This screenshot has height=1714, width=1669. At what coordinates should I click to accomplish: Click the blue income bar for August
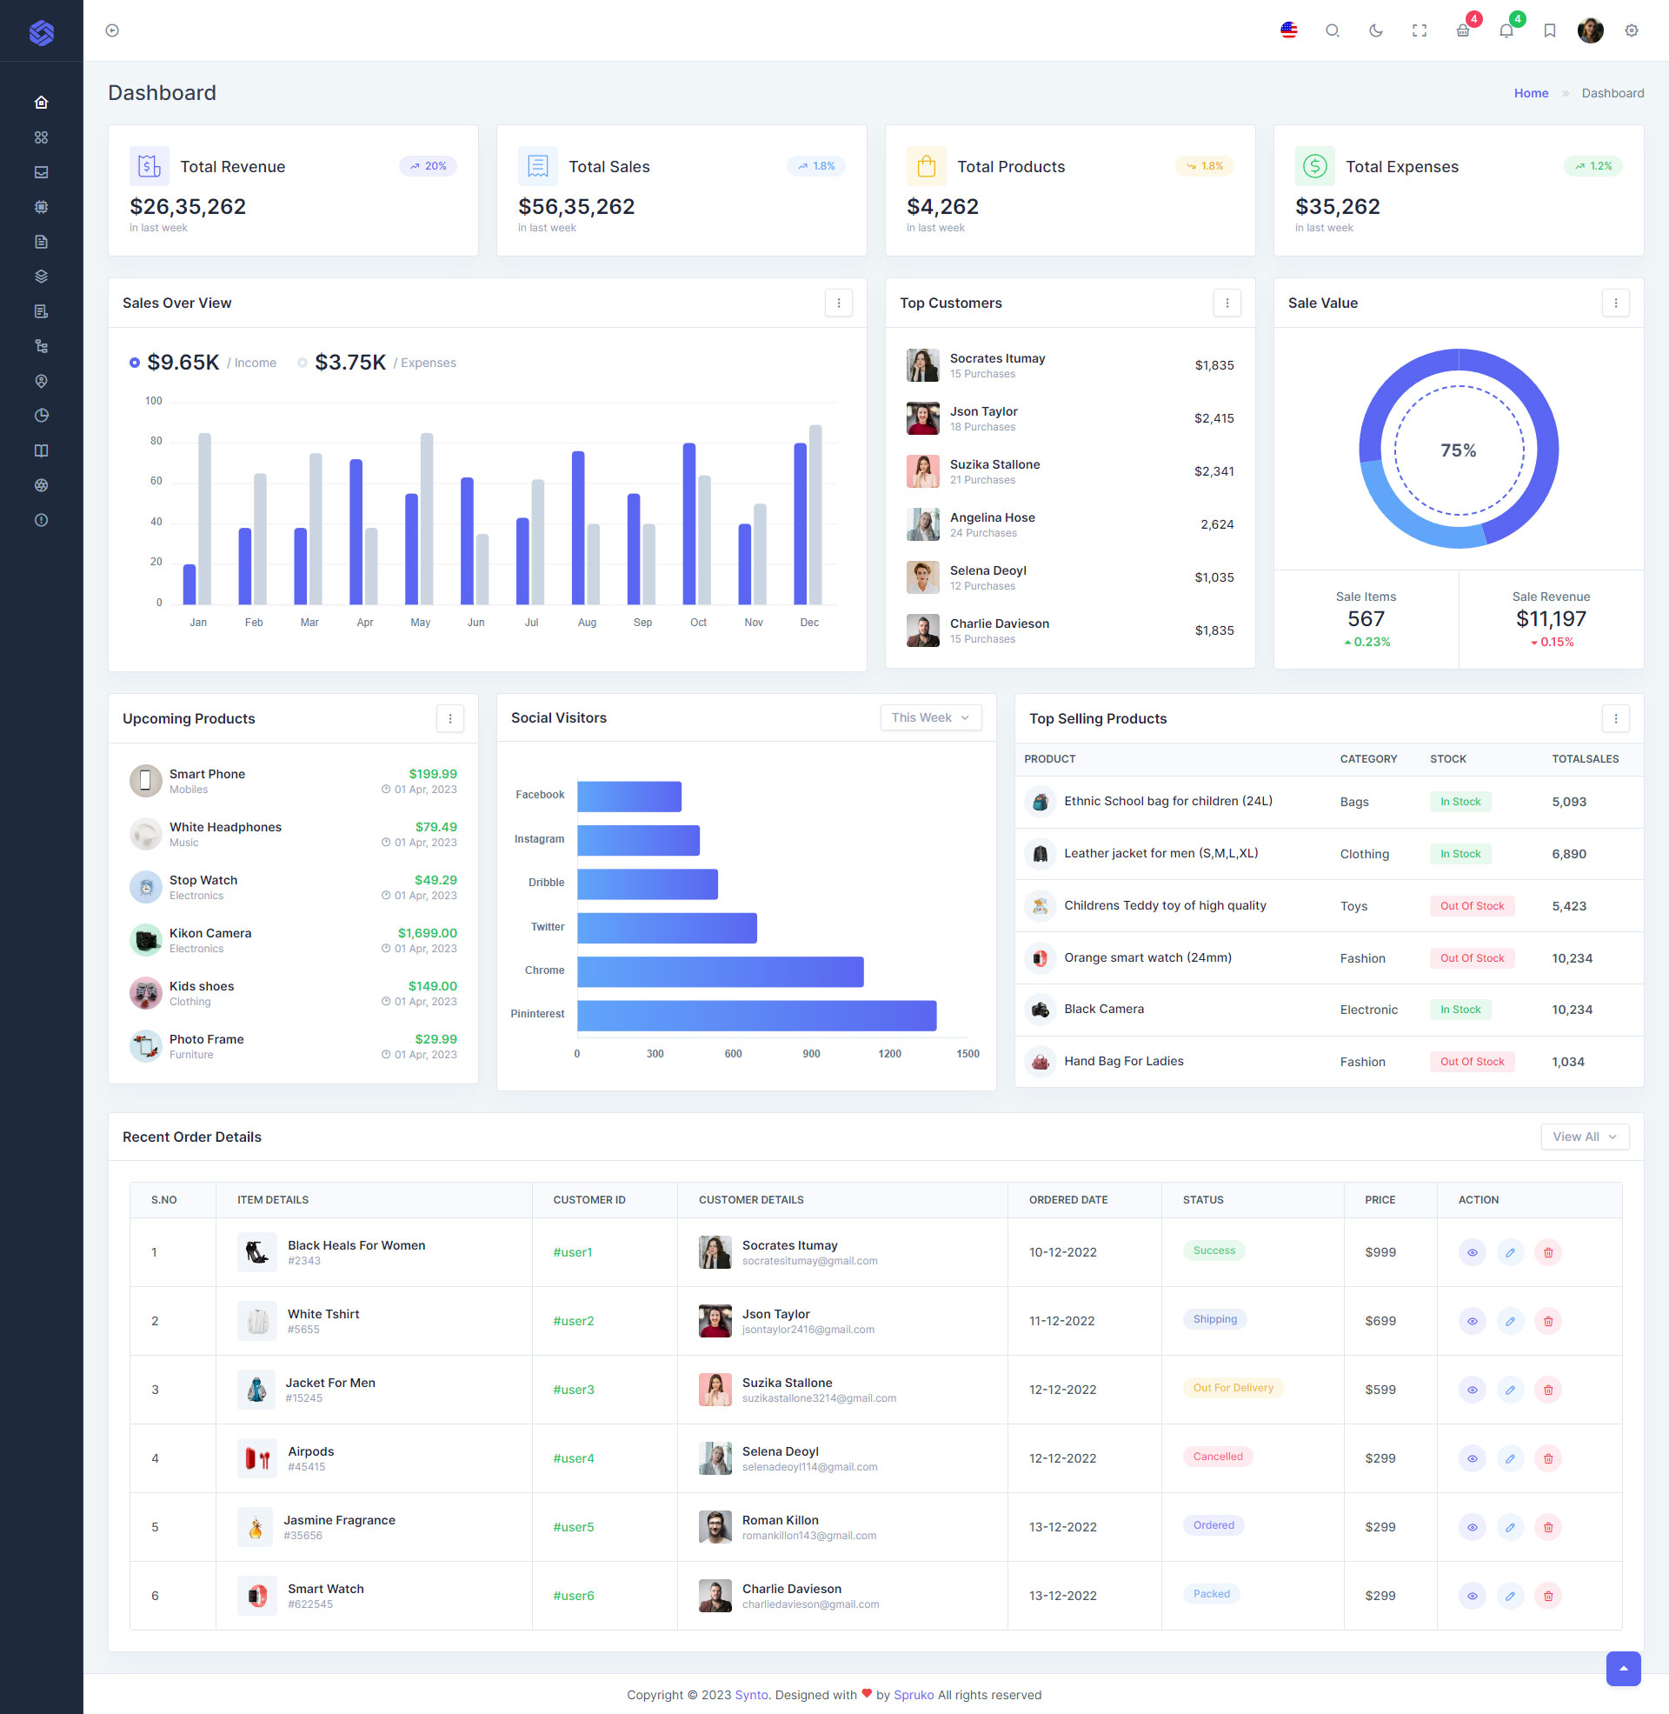578,528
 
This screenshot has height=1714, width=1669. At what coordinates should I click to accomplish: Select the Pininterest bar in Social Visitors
756,1015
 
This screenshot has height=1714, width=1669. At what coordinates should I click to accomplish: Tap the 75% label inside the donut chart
1458,450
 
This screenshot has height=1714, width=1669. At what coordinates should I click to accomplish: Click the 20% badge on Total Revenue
428,167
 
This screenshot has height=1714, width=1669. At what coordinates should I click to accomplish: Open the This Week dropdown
930,717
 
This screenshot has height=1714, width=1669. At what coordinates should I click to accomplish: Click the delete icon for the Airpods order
1547,1459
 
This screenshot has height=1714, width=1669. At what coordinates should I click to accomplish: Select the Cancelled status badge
1217,1457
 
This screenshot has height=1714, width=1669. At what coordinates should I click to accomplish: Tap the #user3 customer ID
573,1390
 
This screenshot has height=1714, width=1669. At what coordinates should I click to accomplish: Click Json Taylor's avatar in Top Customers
922,418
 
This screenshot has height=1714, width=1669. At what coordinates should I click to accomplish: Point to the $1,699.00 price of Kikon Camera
427,933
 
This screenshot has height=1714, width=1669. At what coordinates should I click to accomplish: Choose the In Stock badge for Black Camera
1460,1010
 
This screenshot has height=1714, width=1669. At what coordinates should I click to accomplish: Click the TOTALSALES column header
1585,759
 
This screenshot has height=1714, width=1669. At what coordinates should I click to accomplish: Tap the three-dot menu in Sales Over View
838,303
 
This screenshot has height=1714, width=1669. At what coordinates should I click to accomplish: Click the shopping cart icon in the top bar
1462,30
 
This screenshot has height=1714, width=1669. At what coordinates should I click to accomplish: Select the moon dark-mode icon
1375,30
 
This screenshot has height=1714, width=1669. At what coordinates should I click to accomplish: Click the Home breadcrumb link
1531,93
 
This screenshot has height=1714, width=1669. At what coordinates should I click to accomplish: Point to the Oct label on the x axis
698,623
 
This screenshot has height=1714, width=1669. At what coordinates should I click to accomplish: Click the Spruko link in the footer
914,1695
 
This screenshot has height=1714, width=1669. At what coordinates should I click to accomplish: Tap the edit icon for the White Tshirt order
1509,1321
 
